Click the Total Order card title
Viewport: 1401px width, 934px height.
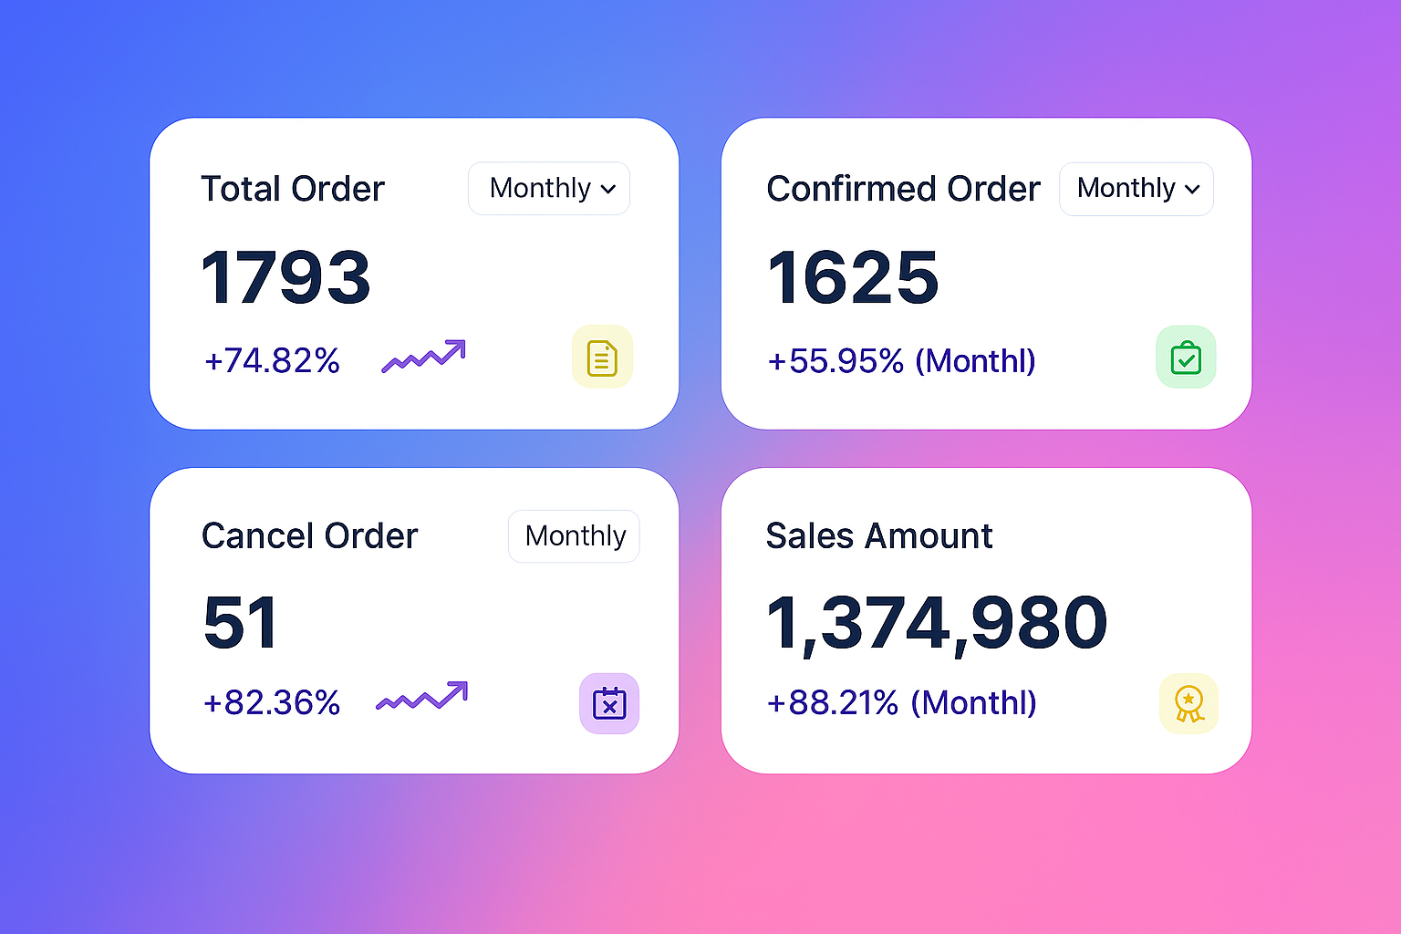tap(292, 189)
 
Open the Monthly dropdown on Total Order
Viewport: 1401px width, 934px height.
tap(549, 189)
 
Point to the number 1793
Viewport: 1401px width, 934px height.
tap(285, 277)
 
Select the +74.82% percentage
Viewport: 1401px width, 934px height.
tap(272, 361)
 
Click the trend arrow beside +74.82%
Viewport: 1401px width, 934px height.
tap(423, 357)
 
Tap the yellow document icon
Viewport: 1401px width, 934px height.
tap(602, 358)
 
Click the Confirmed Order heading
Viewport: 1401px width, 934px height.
tap(903, 189)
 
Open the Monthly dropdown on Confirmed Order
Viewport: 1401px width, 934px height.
tap(1136, 189)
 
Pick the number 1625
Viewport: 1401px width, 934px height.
tap(853, 277)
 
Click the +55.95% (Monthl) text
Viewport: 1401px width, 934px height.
tap(901, 361)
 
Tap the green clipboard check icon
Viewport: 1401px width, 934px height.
tap(1186, 358)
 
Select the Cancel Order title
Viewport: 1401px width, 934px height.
tap(309, 536)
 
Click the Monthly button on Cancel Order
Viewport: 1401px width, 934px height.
tap(575, 536)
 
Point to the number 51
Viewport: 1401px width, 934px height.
tap(240, 623)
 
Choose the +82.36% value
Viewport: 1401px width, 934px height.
tap(272, 703)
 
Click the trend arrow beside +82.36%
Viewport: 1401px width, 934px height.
tap(422, 698)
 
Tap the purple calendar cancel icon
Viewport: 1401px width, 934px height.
tap(609, 704)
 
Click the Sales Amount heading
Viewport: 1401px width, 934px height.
tap(878, 536)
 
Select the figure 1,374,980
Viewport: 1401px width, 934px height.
tap(937, 623)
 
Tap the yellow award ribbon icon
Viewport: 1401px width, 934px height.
tap(1188, 704)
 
